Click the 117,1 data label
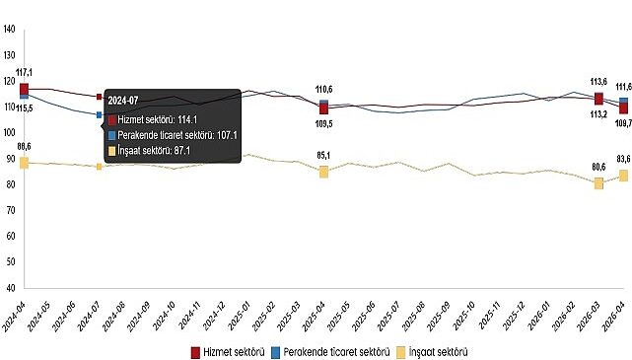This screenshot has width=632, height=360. [x=25, y=73]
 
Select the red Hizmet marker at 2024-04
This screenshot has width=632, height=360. [x=25, y=89]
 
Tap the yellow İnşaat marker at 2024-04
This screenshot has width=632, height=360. [x=25, y=162]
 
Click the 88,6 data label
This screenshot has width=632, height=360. [x=25, y=147]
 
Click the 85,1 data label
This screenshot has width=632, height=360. [x=323, y=155]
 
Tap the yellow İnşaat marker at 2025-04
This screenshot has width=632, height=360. [x=323, y=172]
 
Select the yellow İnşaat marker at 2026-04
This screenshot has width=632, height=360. [x=623, y=176]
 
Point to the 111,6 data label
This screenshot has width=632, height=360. [x=622, y=87]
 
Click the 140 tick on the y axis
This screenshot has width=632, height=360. [x=9, y=31]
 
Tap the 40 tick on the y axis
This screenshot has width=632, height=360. [x=11, y=289]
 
